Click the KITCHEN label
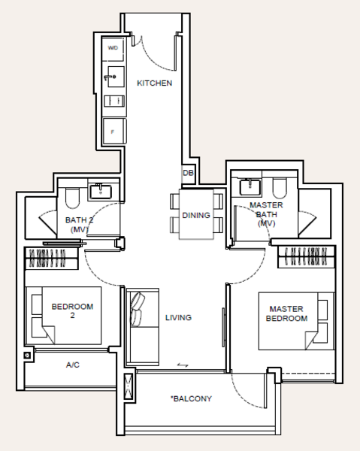pos(154,83)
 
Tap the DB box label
pos(188,173)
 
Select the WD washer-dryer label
pos(113,48)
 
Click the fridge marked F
pos(114,131)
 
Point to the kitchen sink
pos(116,77)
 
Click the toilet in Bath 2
pos(72,198)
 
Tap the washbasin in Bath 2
pos(101,192)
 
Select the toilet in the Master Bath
pos(279,189)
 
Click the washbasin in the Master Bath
pos(250,187)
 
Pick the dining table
pos(196,214)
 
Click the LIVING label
pos(178,317)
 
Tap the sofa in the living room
pos(143,327)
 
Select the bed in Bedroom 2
pos(64,315)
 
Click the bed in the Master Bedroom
pos(296,321)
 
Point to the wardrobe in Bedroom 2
pos(51,258)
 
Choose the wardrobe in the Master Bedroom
pos(306,257)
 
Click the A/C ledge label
pos(73,365)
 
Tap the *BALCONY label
pos(191,398)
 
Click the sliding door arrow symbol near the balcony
pos(183,365)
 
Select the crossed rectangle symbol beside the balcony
pos(129,386)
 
